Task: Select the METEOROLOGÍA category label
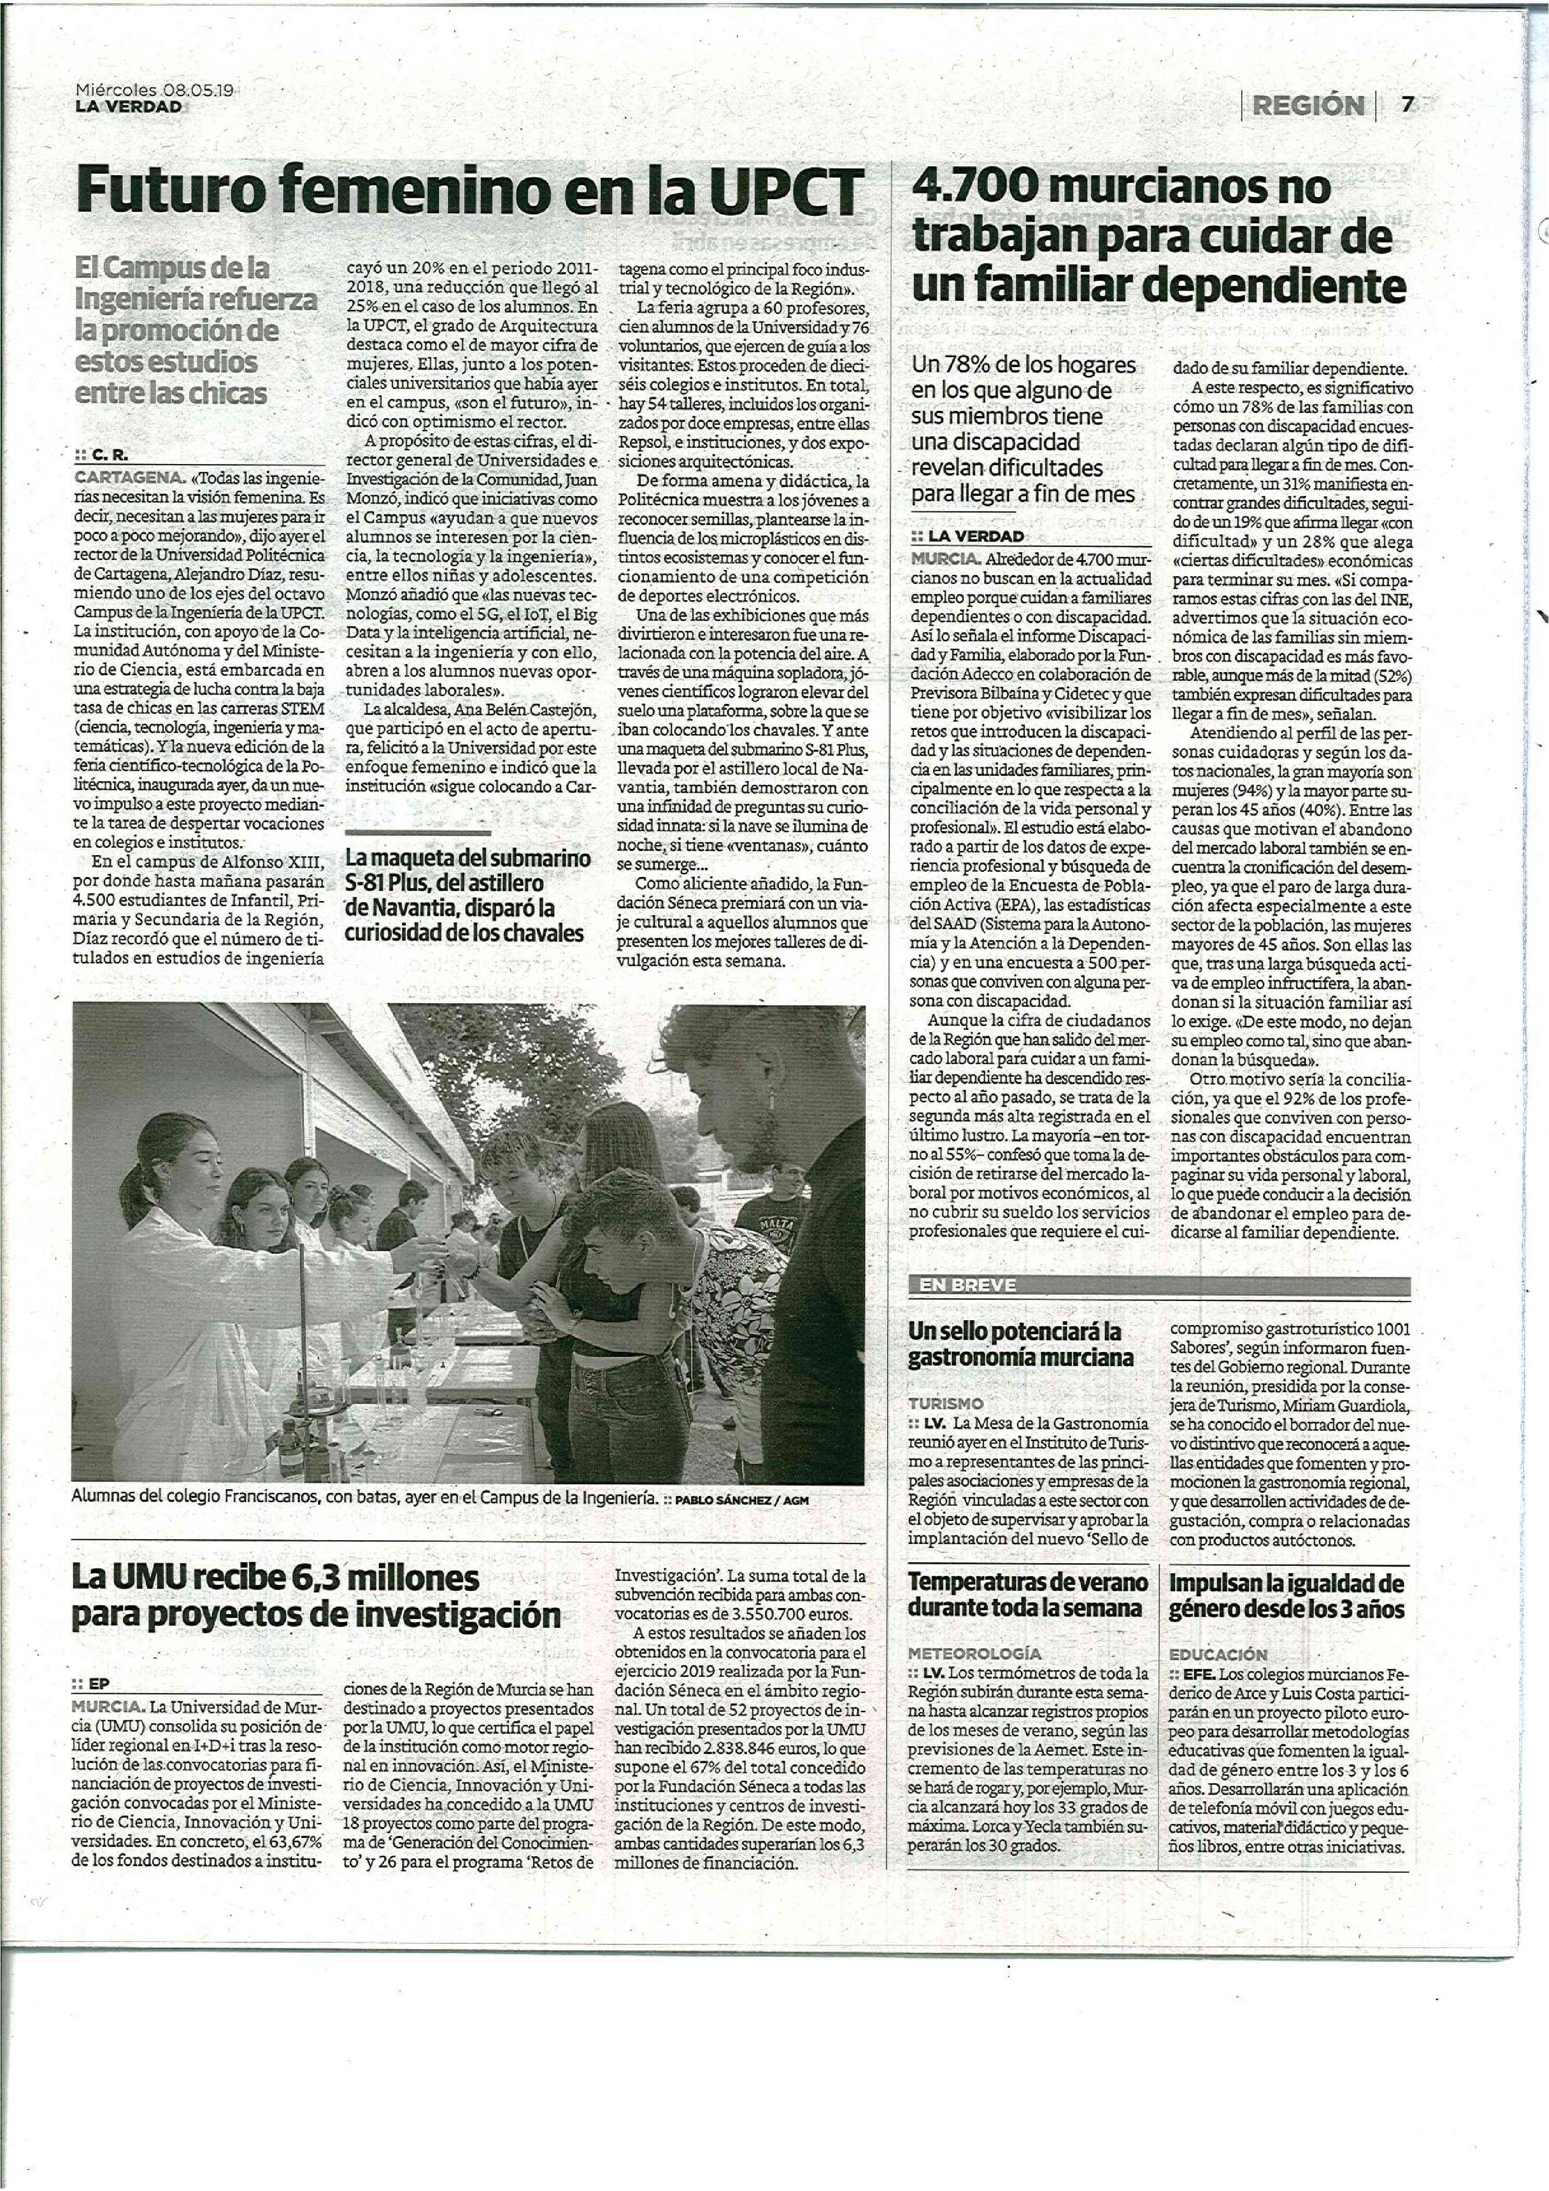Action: pyautogui.click(x=974, y=1654)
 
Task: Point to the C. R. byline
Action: pyautogui.click(x=110, y=456)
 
